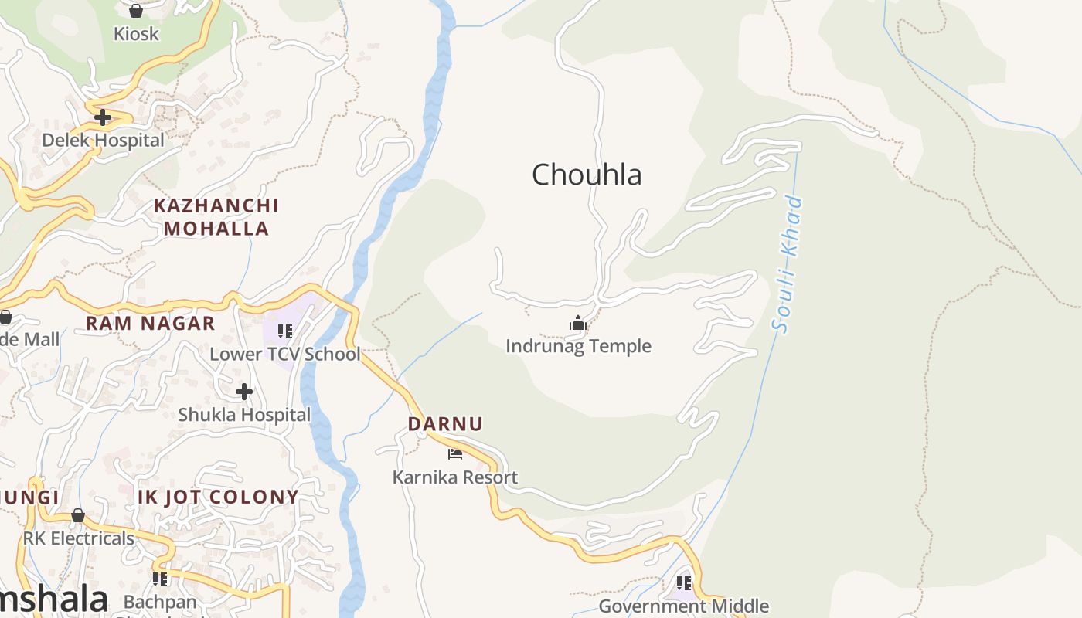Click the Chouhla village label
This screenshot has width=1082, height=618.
pyautogui.click(x=587, y=175)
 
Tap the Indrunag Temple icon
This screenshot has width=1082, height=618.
pyautogui.click(x=577, y=324)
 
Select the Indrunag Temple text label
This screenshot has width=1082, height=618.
pyautogui.click(x=578, y=346)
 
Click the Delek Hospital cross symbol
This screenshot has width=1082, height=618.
pyautogui.click(x=103, y=117)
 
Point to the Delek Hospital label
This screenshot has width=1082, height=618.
pyautogui.click(x=103, y=141)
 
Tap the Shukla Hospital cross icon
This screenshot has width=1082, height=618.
pyautogui.click(x=244, y=392)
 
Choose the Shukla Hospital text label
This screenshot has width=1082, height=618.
pyautogui.click(x=244, y=415)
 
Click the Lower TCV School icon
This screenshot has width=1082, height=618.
pyautogui.click(x=285, y=331)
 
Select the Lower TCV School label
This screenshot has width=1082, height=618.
pyautogui.click(x=285, y=355)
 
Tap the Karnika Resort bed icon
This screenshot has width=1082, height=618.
pyautogui.click(x=455, y=454)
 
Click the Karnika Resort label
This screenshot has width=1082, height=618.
pyautogui.click(x=455, y=477)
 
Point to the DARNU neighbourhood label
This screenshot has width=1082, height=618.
pyautogui.click(x=445, y=424)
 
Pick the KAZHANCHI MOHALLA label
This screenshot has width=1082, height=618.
pyautogui.click(x=216, y=217)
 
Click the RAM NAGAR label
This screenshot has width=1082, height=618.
pyautogui.click(x=150, y=324)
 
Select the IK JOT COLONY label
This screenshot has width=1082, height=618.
pyautogui.click(x=218, y=497)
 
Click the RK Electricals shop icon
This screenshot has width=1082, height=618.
pyautogui.click(x=78, y=515)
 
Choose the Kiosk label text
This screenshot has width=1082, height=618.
pyautogui.click(x=136, y=34)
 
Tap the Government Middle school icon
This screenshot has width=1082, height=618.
pyautogui.click(x=683, y=583)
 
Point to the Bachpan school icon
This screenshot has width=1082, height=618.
pyautogui.click(x=160, y=579)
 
